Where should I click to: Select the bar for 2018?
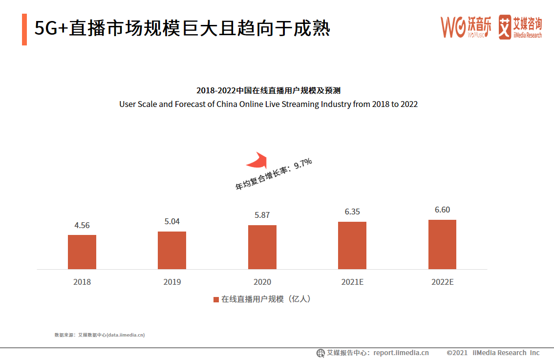[x=82, y=252]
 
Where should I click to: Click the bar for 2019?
[x=172, y=250]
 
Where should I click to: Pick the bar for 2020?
[x=262, y=247]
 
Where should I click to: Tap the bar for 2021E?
[x=352, y=245]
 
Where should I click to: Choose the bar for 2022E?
[x=442, y=244]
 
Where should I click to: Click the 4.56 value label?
[x=82, y=225]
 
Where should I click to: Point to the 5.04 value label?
[x=172, y=221]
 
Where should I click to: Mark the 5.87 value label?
[x=262, y=215]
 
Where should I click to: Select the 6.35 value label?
[x=352, y=212]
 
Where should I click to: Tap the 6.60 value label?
[x=442, y=210]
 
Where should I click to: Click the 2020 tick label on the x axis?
[x=262, y=282]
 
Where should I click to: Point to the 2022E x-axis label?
[x=443, y=282]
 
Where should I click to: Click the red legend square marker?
[x=216, y=299]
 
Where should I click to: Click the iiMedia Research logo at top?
[x=520, y=27]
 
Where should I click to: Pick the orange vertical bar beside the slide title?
[x=24, y=29]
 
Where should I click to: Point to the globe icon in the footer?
[x=320, y=353]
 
